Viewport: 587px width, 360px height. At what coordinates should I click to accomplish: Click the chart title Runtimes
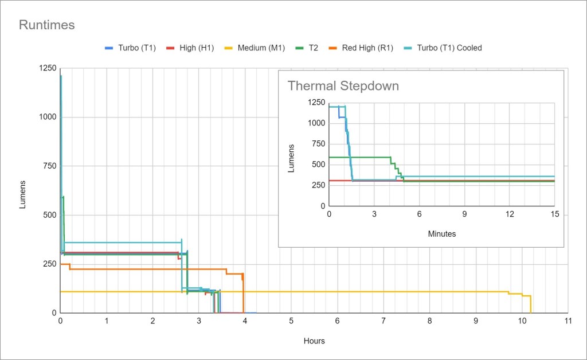click(47, 25)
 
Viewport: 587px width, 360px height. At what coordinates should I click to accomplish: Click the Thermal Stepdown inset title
click(343, 86)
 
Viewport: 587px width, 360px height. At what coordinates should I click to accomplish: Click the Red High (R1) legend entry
click(367, 48)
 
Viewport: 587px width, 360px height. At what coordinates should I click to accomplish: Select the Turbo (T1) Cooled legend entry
click(449, 48)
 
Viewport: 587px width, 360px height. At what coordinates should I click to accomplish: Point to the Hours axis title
click(314, 341)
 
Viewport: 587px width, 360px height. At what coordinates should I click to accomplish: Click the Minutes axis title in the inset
click(442, 234)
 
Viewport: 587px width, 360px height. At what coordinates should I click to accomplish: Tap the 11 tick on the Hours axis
click(568, 322)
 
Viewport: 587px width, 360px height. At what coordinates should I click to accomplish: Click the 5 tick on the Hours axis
click(291, 322)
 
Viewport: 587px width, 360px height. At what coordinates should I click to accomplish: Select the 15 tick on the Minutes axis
click(554, 214)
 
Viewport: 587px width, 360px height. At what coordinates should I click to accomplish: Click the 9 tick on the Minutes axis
click(464, 214)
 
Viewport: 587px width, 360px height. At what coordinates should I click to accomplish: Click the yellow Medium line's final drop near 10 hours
click(530, 304)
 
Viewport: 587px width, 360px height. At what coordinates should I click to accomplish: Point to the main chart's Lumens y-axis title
click(23, 194)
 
